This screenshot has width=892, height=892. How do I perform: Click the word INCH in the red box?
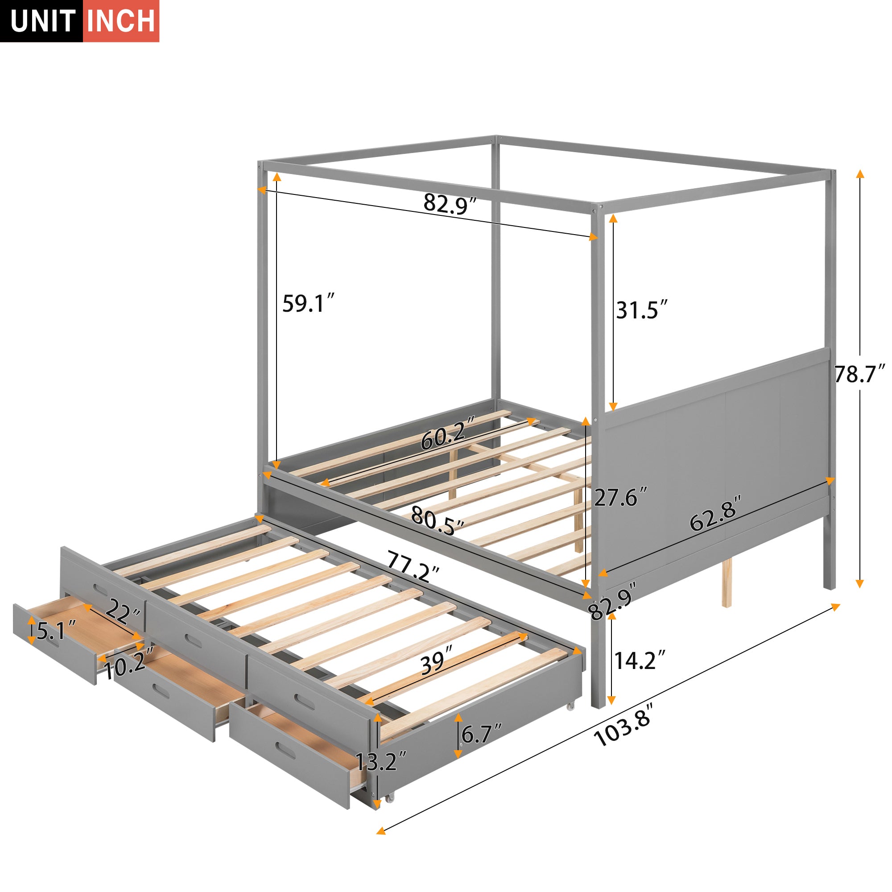121,21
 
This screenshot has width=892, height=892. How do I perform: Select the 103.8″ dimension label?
624,730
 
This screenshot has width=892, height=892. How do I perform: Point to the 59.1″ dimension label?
307,304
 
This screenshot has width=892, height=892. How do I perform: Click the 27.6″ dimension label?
620,497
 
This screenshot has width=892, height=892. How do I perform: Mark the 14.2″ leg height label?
640,661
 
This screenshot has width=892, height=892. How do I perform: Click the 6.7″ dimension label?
482,734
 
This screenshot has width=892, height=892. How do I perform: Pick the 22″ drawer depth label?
123,614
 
